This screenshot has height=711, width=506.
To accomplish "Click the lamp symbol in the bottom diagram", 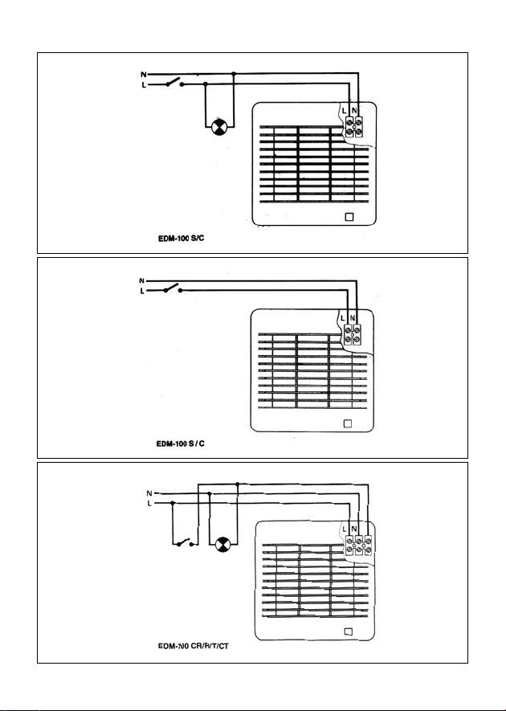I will pos(222,546).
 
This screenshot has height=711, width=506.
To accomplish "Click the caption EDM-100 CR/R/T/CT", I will pos(194,647).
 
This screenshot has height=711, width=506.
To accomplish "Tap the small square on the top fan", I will pos(349,217).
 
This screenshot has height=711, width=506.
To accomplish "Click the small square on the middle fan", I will pos(348,424).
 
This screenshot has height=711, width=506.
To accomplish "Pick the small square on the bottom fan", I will pos(349,631).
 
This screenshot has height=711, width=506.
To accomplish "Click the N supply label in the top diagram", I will pos(143,75).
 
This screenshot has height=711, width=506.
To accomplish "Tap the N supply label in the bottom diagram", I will pos(148,493).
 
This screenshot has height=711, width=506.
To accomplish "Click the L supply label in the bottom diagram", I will pos(148,504).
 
